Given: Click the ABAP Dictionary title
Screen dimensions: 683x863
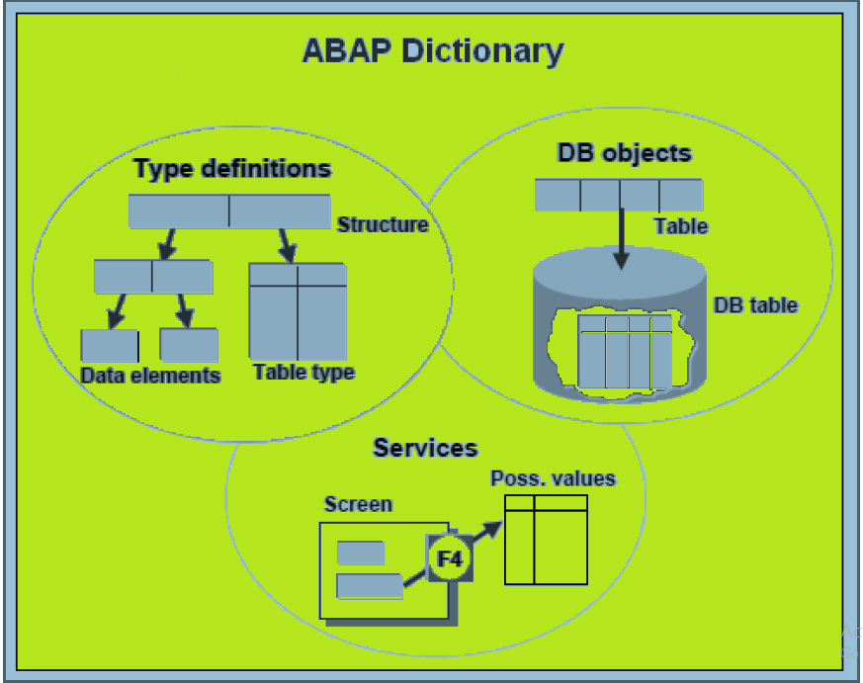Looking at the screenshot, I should [432, 51].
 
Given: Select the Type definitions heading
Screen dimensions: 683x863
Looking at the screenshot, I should [232, 169].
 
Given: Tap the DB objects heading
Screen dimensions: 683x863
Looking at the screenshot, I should [624, 153].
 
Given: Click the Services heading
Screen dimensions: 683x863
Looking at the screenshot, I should [425, 448].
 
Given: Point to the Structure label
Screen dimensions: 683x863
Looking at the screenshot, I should [383, 224].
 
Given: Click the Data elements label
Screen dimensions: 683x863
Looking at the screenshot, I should [150, 376].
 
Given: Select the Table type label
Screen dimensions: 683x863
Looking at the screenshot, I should [303, 373].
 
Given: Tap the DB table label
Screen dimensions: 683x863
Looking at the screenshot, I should [755, 305].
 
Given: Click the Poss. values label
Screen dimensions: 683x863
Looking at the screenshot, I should [554, 479].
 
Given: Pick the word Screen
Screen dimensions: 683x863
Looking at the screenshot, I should [358, 504].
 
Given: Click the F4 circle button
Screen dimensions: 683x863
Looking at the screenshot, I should [449, 558].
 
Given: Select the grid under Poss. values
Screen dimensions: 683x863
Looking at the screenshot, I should [546, 540].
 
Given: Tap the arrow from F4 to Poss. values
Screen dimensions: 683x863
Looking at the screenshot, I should [483, 534].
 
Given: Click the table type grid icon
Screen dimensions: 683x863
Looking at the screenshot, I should [298, 310].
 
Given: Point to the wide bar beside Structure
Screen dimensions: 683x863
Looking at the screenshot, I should [229, 212].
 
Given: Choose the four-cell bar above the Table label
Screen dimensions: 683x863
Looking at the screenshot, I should [619, 195].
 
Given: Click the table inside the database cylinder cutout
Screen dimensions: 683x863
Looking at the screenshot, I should [626, 352].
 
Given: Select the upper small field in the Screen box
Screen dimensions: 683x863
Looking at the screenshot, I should [360, 554].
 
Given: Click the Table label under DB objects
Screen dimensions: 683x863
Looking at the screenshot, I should [681, 226].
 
